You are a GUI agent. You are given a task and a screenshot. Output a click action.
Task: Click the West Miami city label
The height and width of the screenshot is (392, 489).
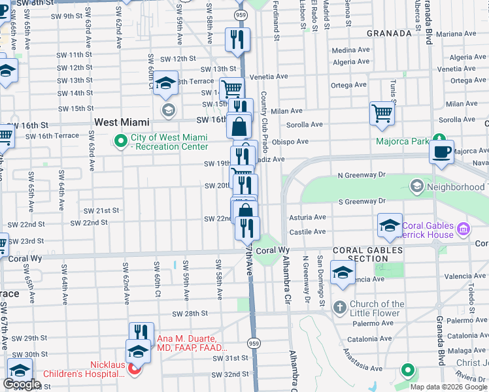pyautogui.click(x=122, y=122)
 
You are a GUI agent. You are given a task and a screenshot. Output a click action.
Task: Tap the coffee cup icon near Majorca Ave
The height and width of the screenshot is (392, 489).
pyautogui.click(x=442, y=151)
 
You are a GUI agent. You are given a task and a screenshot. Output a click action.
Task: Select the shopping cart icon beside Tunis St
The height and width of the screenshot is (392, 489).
pyautogui.click(x=382, y=113)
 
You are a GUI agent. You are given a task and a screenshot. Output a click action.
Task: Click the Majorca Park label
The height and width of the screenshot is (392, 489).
pyautogui.click(x=402, y=141)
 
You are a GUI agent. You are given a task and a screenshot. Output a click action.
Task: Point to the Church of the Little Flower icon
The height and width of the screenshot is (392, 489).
pyautogui.click(x=339, y=307)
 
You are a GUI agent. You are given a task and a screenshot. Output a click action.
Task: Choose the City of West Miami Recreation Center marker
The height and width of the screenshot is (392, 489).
pyautogui.click(x=120, y=140)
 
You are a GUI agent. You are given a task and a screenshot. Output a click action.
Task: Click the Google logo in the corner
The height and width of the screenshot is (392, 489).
pyautogui.click(x=22, y=384)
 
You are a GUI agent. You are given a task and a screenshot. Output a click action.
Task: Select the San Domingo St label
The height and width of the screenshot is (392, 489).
pyautogui.click(x=322, y=280)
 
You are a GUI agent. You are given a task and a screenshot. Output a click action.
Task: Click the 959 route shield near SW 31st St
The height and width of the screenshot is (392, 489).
pyautogui.click(x=252, y=342)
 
